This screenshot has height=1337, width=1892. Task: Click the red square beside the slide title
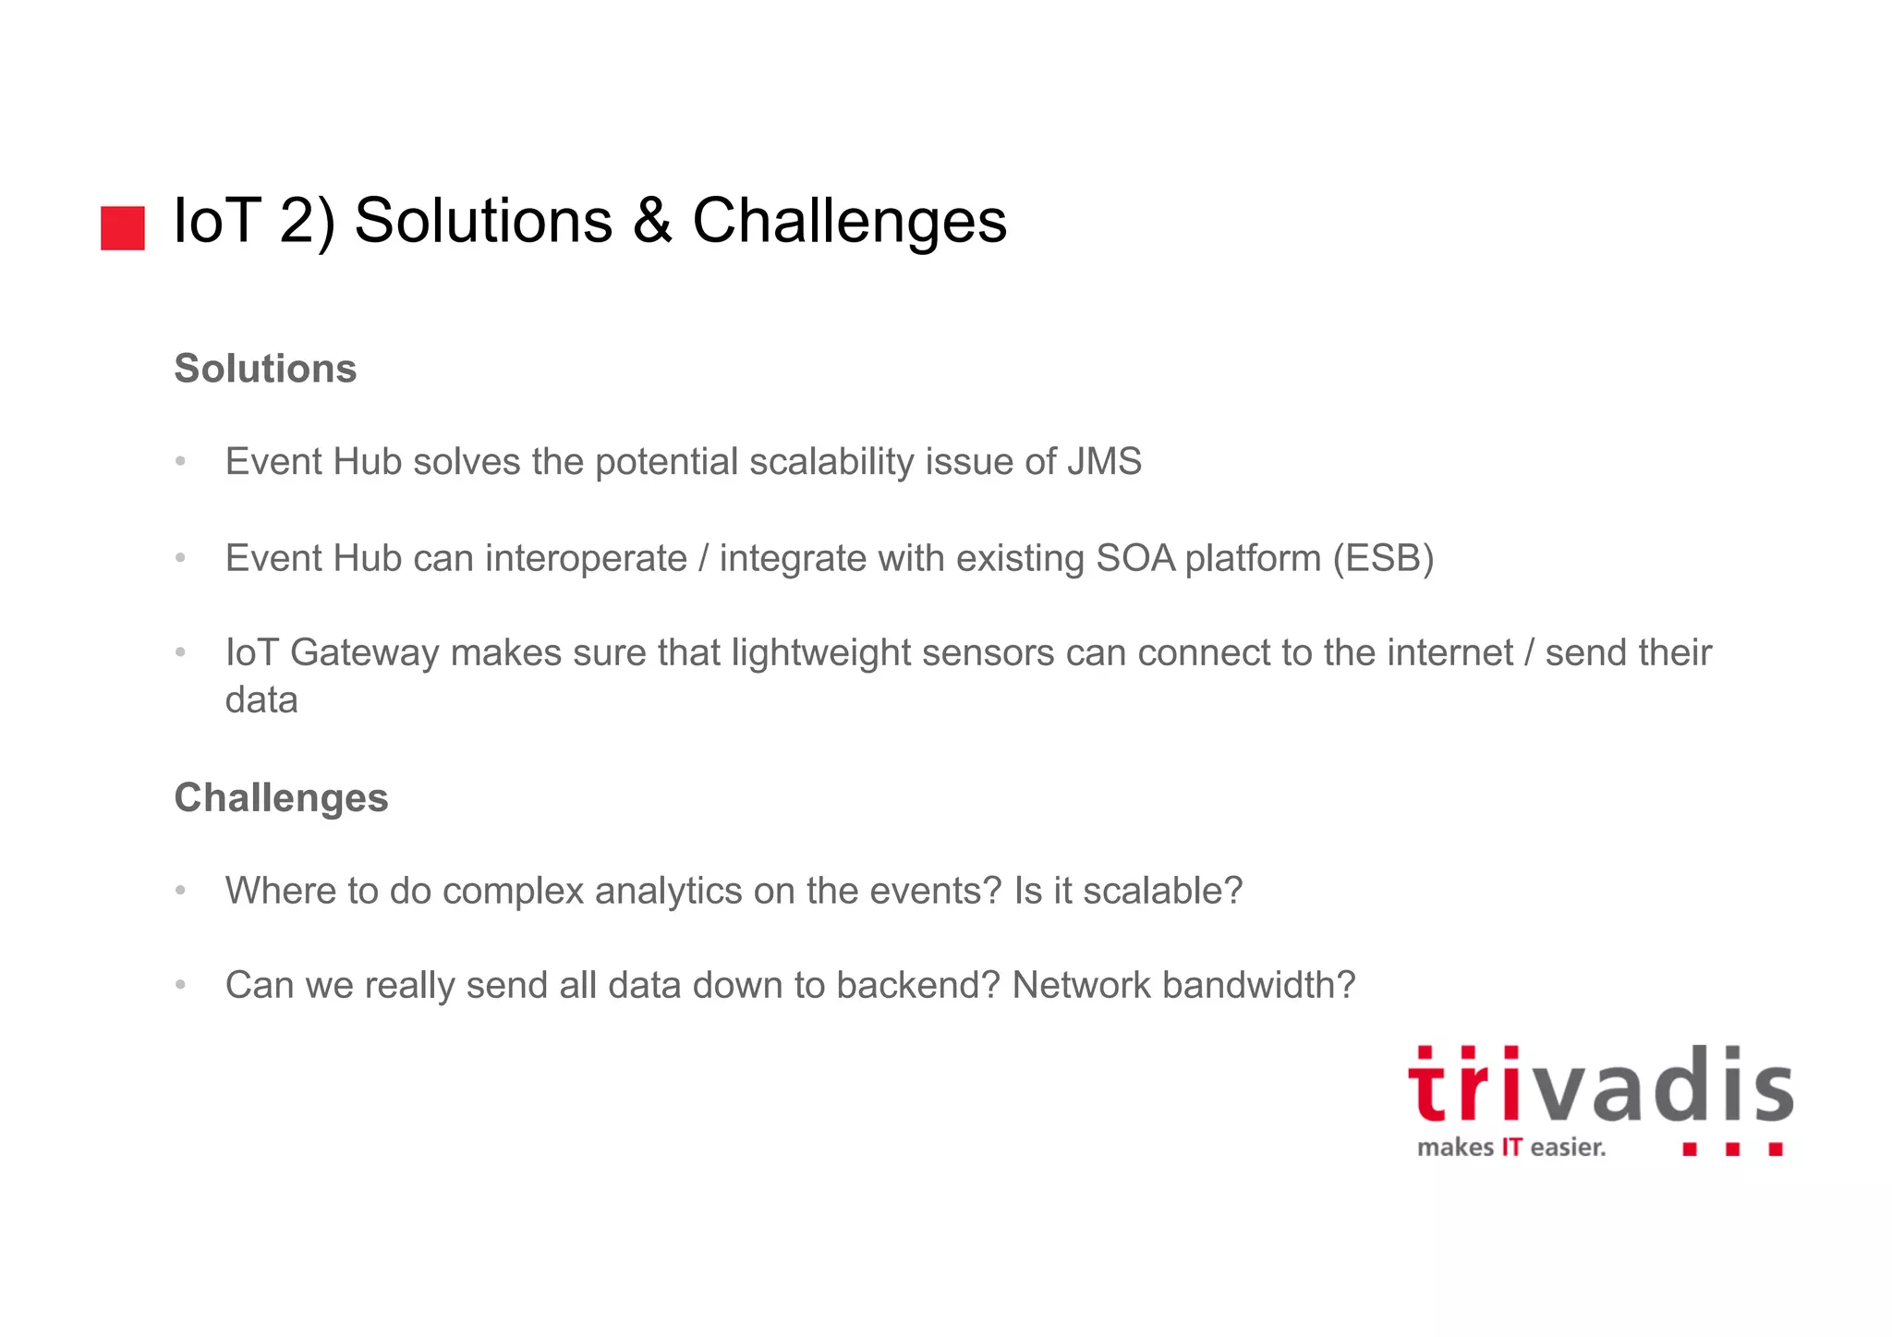pyautogui.click(x=123, y=227)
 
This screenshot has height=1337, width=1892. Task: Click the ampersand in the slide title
pyautogui.click(x=652, y=221)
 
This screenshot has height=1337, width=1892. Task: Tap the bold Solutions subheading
pyautogui.click(x=265, y=369)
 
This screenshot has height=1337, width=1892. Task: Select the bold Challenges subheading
pyautogui.click(x=281, y=798)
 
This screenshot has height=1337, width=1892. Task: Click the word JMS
pyautogui.click(x=1104, y=462)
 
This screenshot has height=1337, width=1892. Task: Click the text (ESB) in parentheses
pyautogui.click(x=1383, y=558)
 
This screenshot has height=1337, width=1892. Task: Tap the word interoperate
pyautogui.click(x=586, y=558)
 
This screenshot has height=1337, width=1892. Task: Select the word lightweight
pyautogui.click(x=820, y=653)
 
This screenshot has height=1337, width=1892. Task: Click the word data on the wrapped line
pyautogui.click(x=261, y=700)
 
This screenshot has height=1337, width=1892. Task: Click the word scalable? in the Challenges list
pyautogui.click(x=1162, y=892)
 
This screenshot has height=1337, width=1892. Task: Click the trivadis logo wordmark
pyautogui.click(x=1600, y=1087)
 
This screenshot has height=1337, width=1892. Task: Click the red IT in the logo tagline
pyautogui.click(x=1511, y=1148)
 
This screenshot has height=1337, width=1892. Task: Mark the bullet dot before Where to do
pyautogui.click(x=181, y=891)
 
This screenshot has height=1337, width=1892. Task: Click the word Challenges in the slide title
pyautogui.click(x=849, y=221)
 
